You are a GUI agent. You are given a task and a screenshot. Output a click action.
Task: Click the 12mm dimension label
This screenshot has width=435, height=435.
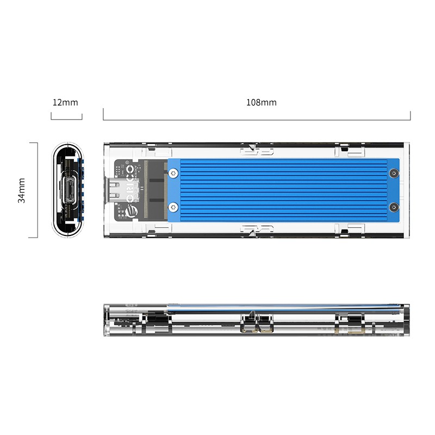(65, 102)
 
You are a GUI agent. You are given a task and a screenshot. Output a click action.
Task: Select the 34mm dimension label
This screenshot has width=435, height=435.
(22, 190)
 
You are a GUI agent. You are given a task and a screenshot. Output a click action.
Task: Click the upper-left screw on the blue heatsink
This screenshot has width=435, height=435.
(173, 173)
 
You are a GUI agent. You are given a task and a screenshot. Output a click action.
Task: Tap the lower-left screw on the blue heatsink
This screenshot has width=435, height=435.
(173, 207)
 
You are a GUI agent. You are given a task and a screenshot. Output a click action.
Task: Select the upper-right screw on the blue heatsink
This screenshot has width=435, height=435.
(394, 173)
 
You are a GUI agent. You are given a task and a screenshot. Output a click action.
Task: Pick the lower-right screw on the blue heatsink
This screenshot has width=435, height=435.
(394, 207)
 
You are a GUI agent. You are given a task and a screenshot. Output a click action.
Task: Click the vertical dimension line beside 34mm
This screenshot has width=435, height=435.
(37, 190)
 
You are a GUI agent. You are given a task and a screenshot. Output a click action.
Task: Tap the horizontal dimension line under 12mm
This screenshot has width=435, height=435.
(66, 119)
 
